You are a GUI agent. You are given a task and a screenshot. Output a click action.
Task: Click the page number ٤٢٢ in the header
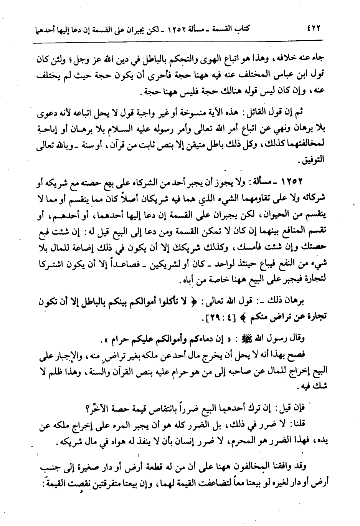pos(314,28)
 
